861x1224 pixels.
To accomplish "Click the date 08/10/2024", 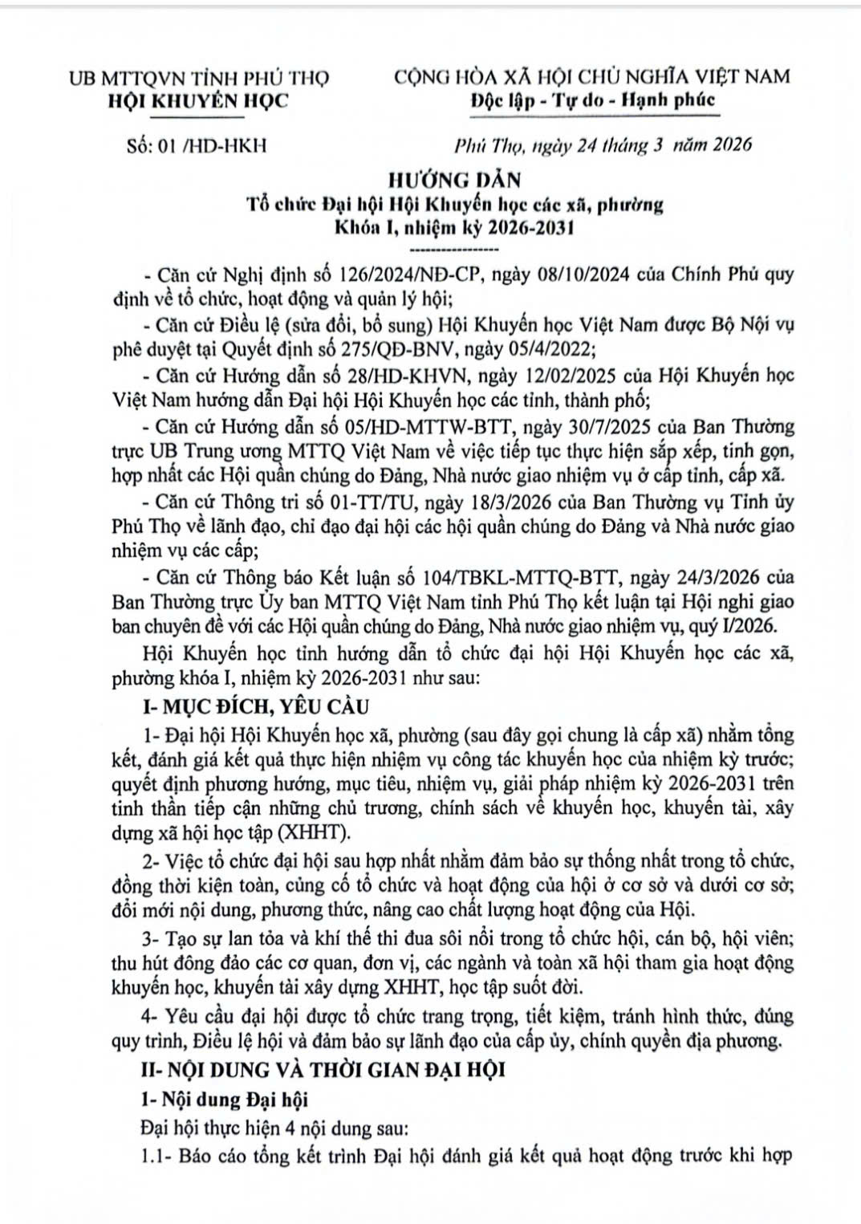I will [x=559, y=274].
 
